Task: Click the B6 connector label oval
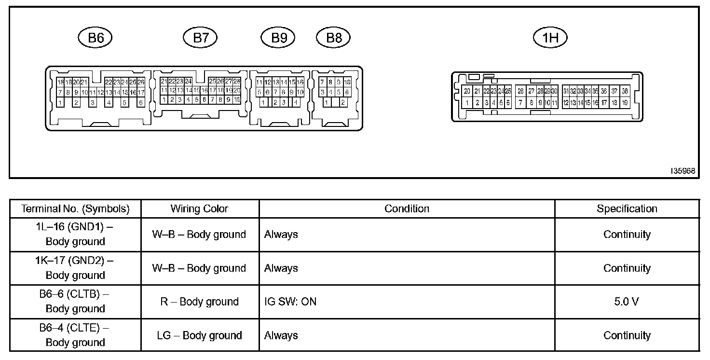tap(95, 38)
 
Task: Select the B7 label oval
tap(200, 38)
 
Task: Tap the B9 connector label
tap(278, 38)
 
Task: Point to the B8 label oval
tap(333, 38)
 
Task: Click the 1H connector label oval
tap(550, 38)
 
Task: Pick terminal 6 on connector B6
tap(141, 102)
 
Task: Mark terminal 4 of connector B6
tap(109, 102)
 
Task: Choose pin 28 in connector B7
tap(237, 82)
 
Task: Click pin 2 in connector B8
tap(342, 102)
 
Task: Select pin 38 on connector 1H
tap(625, 91)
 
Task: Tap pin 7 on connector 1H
tap(520, 102)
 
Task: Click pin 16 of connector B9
tap(300, 83)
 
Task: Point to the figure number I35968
tap(683, 171)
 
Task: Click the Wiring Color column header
tap(199, 209)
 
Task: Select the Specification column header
tap(627, 209)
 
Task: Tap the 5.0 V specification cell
tap(627, 302)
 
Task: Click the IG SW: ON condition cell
tap(290, 302)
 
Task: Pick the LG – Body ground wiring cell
tap(199, 335)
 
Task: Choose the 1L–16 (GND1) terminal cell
tap(75, 235)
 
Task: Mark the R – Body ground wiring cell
tap(199, 302)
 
